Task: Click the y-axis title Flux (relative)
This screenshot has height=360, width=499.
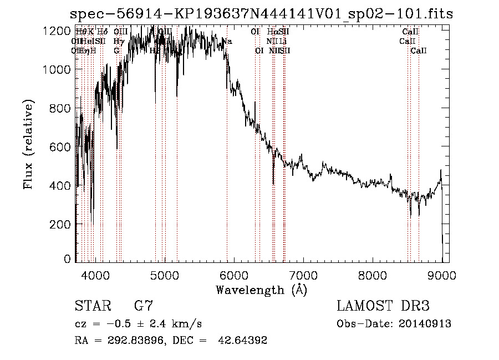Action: click(27, 145)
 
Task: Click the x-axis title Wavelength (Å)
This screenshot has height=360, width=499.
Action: click(261, 290)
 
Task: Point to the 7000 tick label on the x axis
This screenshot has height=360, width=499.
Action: click(303, 275)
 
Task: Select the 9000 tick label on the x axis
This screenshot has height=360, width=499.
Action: click(441, 275)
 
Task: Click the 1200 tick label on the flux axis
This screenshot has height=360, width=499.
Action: click(59, 31)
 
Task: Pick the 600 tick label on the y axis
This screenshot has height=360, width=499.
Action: click(62, 147)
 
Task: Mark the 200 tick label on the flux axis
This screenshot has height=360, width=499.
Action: click(62, 224)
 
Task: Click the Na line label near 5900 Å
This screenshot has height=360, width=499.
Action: click(227, 41)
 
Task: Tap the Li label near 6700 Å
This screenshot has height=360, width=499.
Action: click(283, 41)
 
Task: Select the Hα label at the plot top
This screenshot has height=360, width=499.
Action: click(272, 32)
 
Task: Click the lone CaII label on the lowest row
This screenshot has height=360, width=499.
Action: click(419, 50)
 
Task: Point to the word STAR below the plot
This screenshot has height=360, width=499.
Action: click(91, 306)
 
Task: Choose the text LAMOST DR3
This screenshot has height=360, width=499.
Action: click(383, 306)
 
